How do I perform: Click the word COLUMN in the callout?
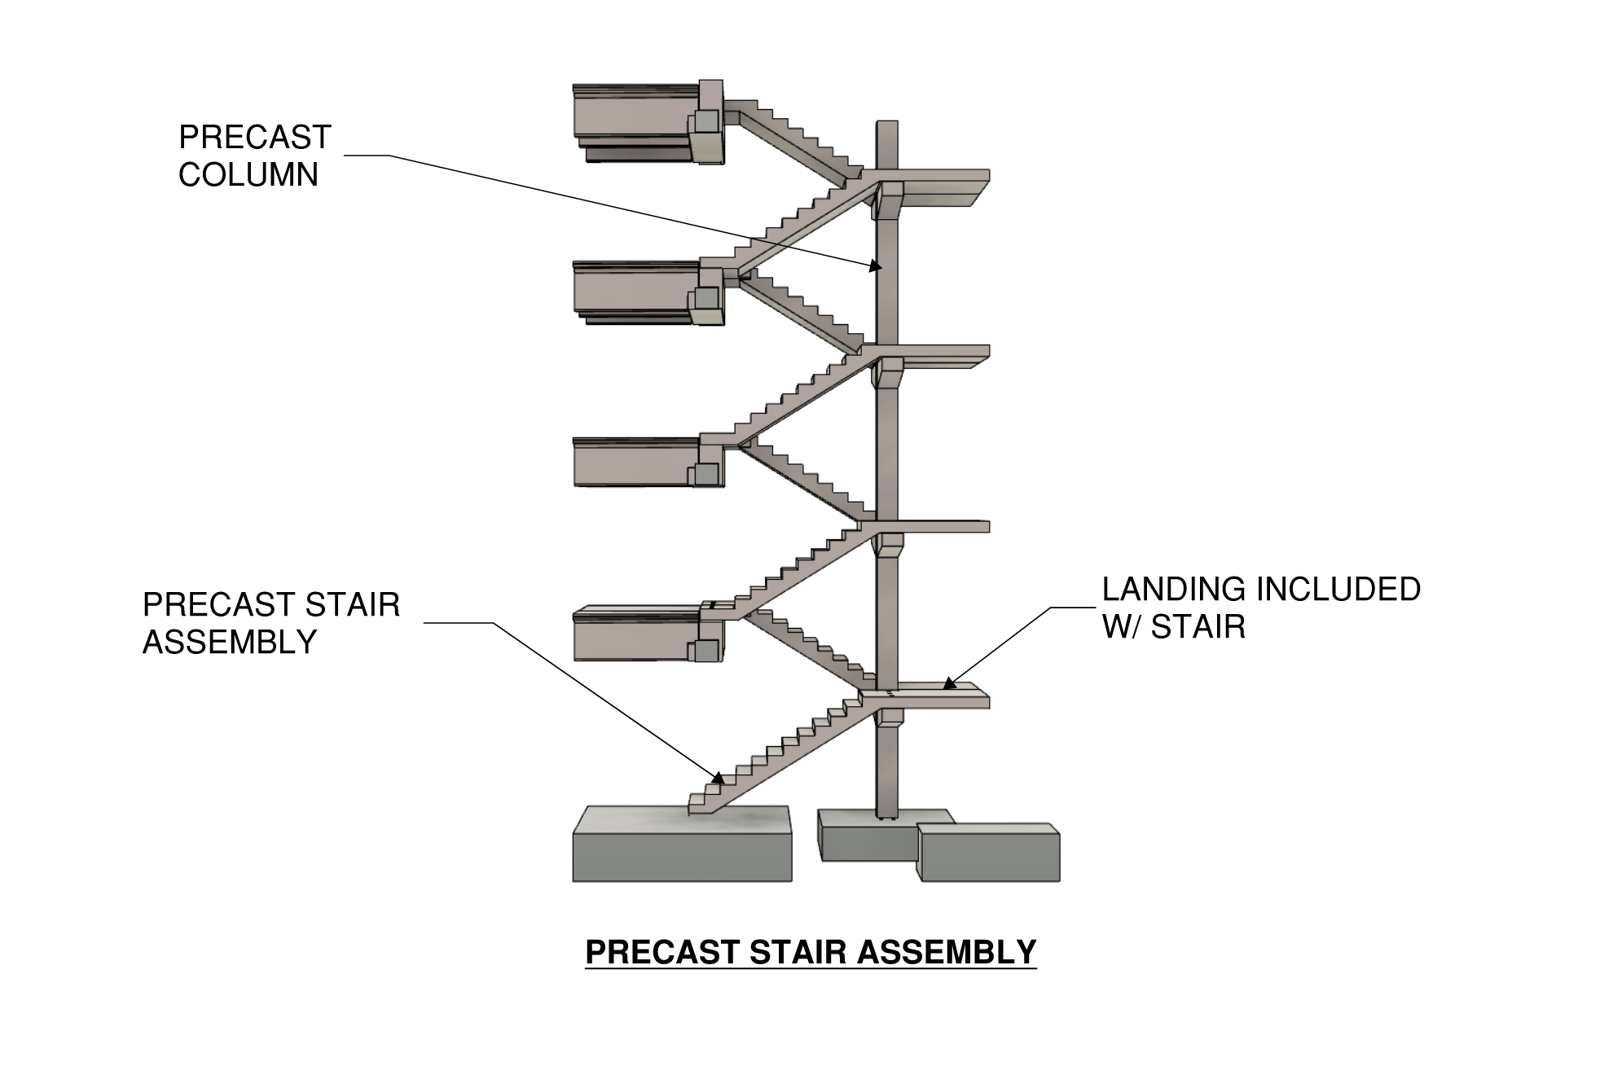[x=248, y=175]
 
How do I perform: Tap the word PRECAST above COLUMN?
[x=255, y=138]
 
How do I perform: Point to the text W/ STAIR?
[x=1174, y=627]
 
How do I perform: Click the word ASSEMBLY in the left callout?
[x=230, y=643]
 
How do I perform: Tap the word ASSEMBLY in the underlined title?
[x=947, y=952]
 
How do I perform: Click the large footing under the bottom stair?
[x=682, y=847]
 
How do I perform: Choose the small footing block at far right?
[x=989, y=853]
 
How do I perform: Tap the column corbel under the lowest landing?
[x=890, y=717]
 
